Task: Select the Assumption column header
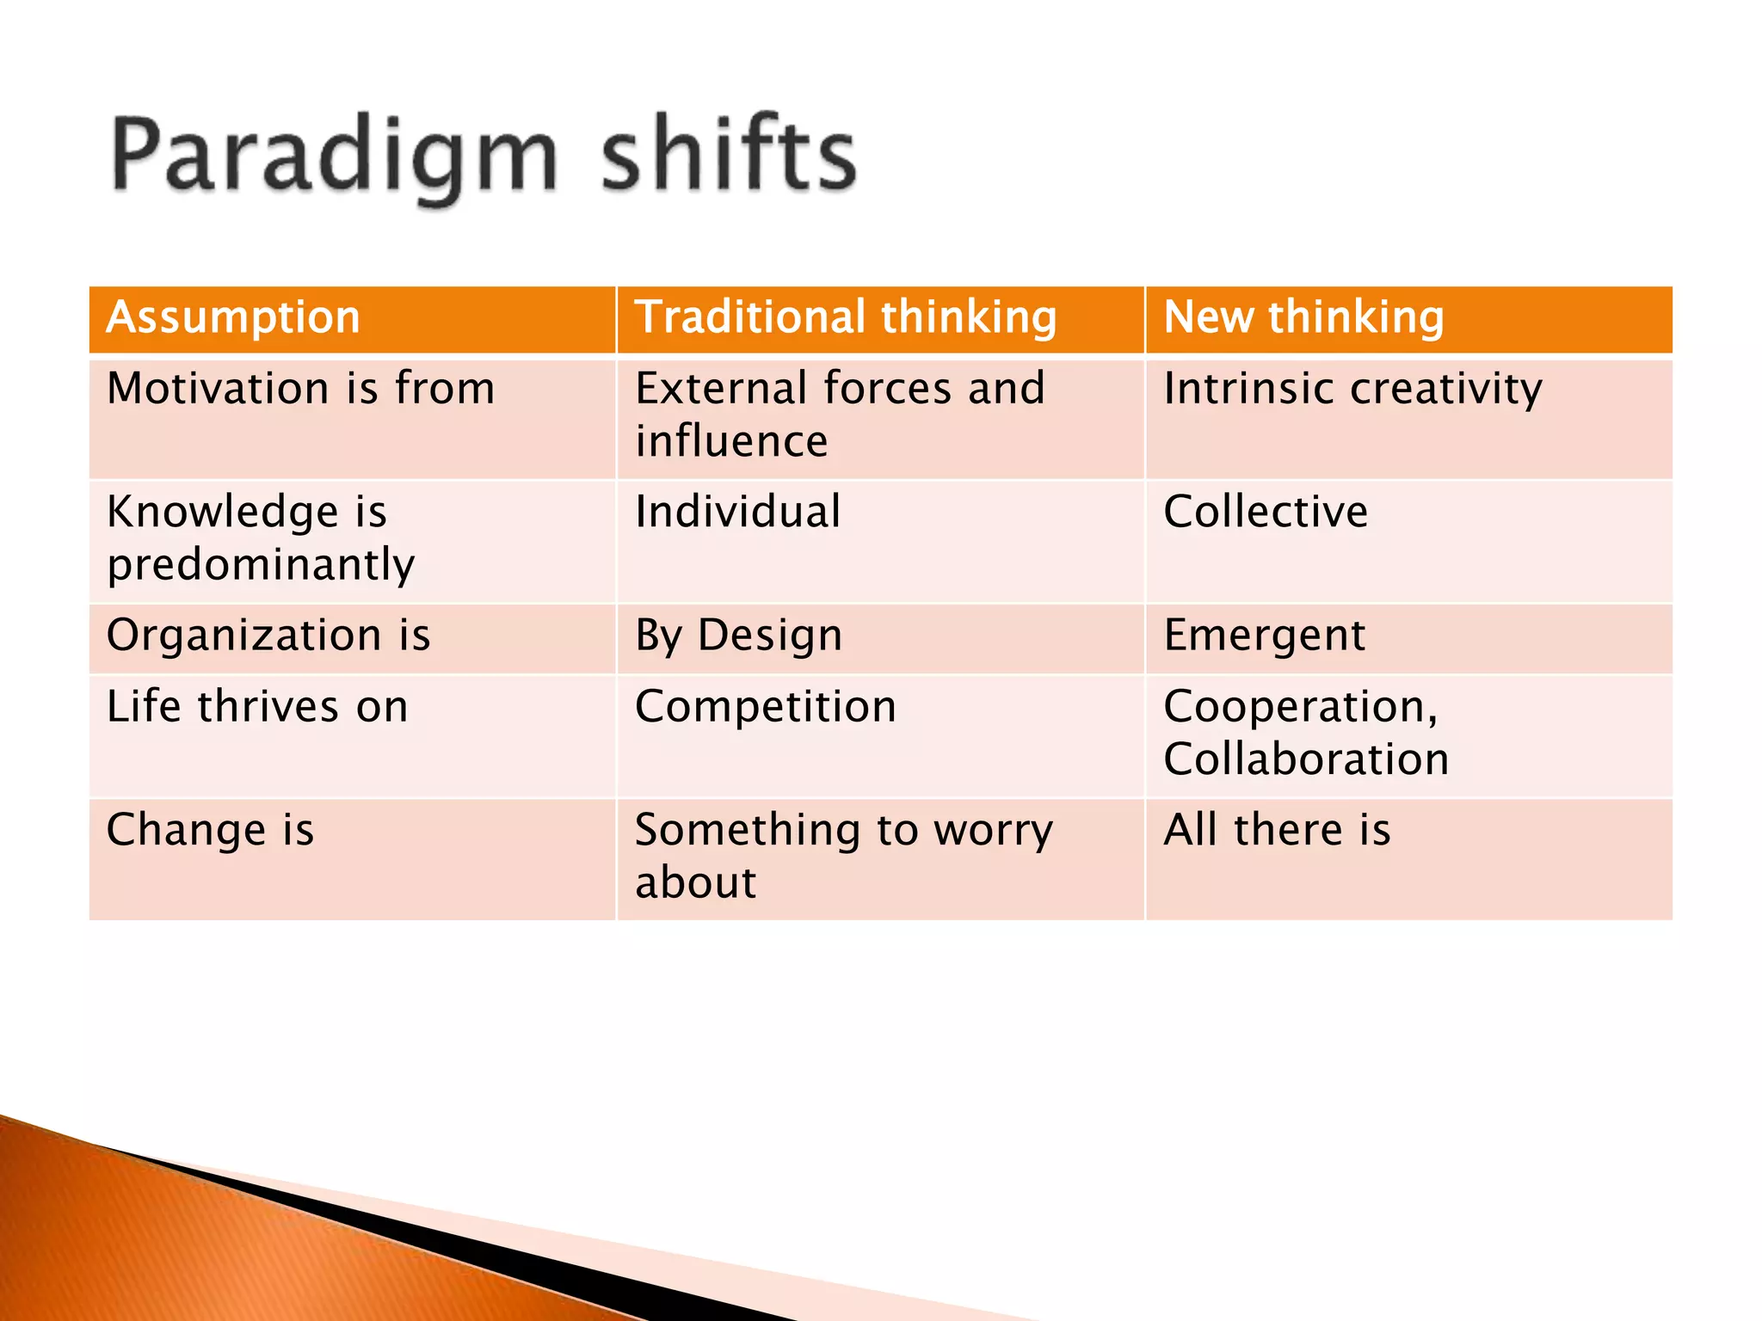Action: click(233, 317)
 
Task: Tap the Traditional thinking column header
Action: click(845, 317)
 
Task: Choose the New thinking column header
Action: click(1303, 317)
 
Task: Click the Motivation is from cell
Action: click(301, 389)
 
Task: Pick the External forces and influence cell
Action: click(839, 415)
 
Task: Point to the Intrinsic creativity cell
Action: click(1352, 389)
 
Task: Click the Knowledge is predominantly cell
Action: click(261, 538)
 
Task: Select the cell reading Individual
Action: click(737, 512)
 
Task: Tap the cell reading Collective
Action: click(1265, 512)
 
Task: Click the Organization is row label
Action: click(268, 636)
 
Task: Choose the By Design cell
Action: click(738, 636)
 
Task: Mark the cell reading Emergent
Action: click(1264, 636)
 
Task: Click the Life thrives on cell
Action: click(257, 707)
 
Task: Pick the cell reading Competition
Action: click(765, 707)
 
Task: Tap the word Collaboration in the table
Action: click(1306, 759)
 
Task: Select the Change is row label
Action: click(210, 831)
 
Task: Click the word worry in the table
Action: click(993, 831)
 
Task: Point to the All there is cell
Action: click(1277, 831)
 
